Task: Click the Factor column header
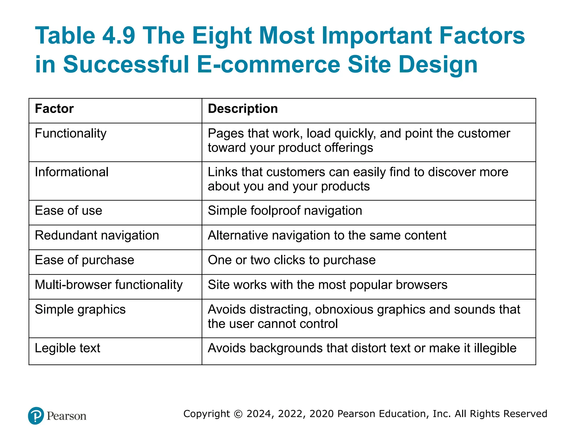pos(54,109)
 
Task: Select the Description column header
pos(243,109)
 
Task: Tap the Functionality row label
pos(71,134)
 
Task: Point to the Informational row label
pos(71,172)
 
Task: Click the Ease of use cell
pos(68,211)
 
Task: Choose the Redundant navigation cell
pos(97,236)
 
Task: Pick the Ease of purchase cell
pos(84,260)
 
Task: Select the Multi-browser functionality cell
pos(109,285)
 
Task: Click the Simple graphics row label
pos(80,310)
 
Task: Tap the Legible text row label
pos(67,348)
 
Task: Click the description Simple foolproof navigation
pos(285,211)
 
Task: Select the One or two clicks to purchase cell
pos(292,260)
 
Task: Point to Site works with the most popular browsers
pos(327,285)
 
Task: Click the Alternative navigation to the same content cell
pos(327,236)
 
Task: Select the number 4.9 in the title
pos(119,36)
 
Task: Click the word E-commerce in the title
pos(268,64)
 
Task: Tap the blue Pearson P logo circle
pos(36,416)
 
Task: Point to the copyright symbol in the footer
pos(238,414)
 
